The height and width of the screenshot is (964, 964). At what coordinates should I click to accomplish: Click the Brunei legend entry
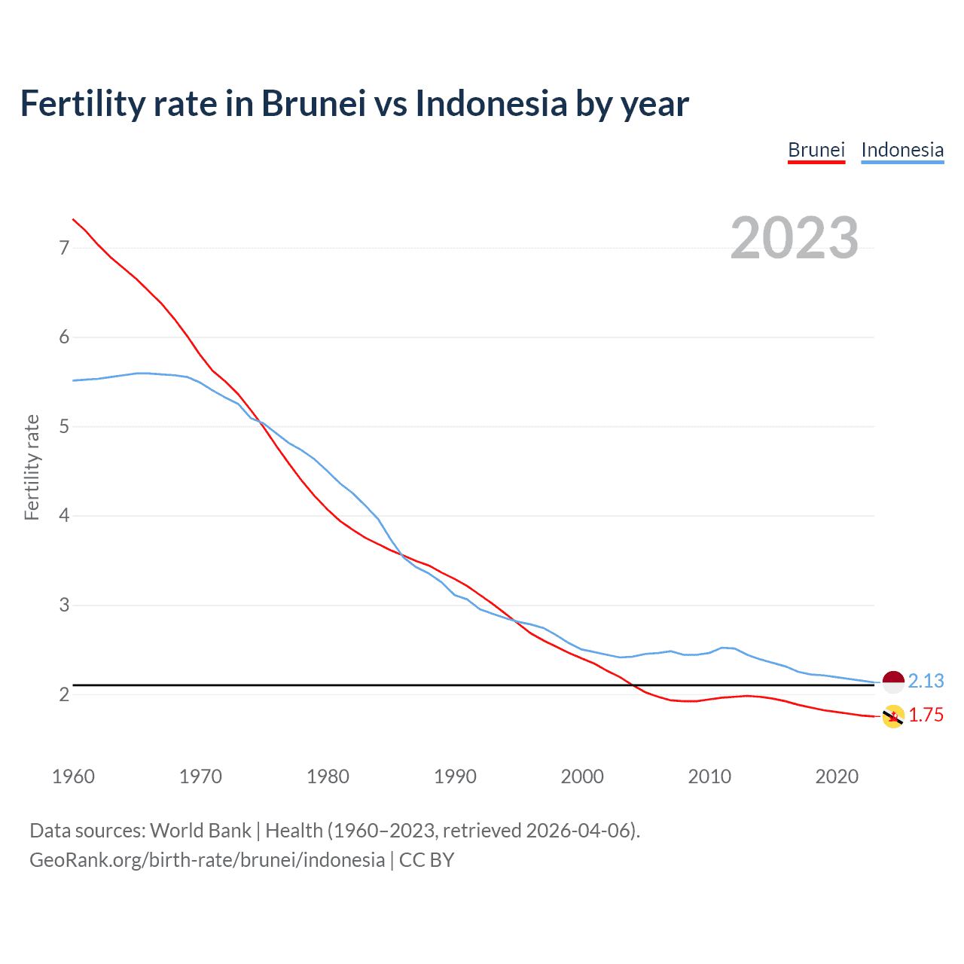pyautogui.click(x=816, y=150)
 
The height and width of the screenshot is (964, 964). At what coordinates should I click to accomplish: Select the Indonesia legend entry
pyautogui.click(x=902, y=150)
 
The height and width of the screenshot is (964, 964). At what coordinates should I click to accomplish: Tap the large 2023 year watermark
pyautogui.click(x=795, y=238)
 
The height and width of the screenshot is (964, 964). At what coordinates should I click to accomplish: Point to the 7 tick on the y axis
pyautogui.click(x=64, y=248)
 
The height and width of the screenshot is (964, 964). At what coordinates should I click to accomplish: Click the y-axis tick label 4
pyautogui.click(x=64, y=516)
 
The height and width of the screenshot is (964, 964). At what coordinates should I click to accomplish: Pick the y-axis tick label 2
pyautogui.click(x=64, y=694)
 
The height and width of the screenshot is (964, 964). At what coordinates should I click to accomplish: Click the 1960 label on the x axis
pyautogui.click(x=73, y=776)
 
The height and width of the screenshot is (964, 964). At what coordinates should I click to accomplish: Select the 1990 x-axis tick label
pyautogui.click(x=455, y=776)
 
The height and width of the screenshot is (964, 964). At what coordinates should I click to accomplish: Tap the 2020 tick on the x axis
pyautogui.click(x=837, y=776)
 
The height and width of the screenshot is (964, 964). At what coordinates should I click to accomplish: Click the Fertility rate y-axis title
pyautogui.click(x=32, y=467)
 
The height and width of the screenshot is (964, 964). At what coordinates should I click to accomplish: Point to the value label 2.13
pyautogui.click(x=926, y=681)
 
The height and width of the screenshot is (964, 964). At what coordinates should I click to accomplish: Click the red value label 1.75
pyautogui.click(x=926, y=715)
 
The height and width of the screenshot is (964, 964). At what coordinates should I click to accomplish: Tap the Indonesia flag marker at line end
pyautogui.click(x=893, y=682)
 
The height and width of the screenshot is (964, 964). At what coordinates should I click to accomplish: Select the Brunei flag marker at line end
pyautogui.click(x=893, y=716)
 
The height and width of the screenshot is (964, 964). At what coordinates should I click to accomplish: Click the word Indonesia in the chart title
pyautogui.click(x=491, y=103)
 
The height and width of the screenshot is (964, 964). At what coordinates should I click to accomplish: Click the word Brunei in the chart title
pyautogui.click(x=313, y=103)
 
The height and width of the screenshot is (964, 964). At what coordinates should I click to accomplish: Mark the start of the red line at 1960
pyautogui.click(x=73, y=219)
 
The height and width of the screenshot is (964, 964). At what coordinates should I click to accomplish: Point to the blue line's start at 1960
pyautogui.click(x=73, y=380)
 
